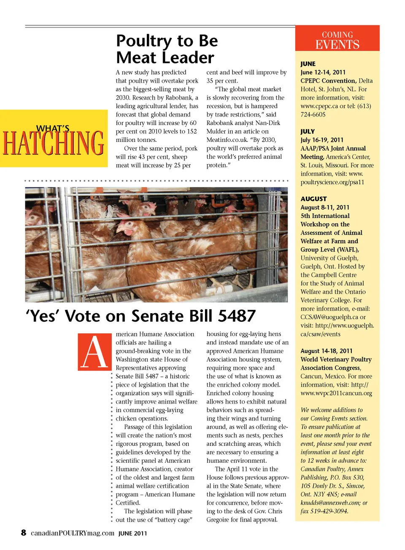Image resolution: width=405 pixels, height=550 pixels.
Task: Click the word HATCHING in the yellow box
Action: pos(54,143)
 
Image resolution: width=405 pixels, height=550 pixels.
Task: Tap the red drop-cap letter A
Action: pos(95,352)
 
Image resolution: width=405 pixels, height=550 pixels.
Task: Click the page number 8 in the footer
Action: pos(24,532)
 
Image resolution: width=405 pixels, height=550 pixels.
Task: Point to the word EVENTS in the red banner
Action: pos(337,45)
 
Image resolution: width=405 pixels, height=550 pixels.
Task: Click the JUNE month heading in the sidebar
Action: pos(308,64)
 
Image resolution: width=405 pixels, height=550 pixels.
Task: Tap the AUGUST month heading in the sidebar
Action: pos(313,199)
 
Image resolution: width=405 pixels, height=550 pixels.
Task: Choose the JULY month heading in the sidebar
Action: pos(308,131)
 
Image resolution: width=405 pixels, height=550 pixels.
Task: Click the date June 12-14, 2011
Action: pos(323,72)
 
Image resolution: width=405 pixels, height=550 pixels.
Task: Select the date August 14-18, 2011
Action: pos(326,351)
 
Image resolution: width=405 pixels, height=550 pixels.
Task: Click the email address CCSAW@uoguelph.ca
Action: pos(329,317)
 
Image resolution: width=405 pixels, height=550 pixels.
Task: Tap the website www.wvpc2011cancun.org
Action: pos(336,393)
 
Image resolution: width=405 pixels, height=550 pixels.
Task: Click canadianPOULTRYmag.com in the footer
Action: pos(73,533)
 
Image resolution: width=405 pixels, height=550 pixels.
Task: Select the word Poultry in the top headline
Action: pos(144,41)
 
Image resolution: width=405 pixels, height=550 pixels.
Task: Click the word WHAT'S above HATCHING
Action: pos(53,128)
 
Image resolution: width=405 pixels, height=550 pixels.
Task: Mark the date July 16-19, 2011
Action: pos(322,140)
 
